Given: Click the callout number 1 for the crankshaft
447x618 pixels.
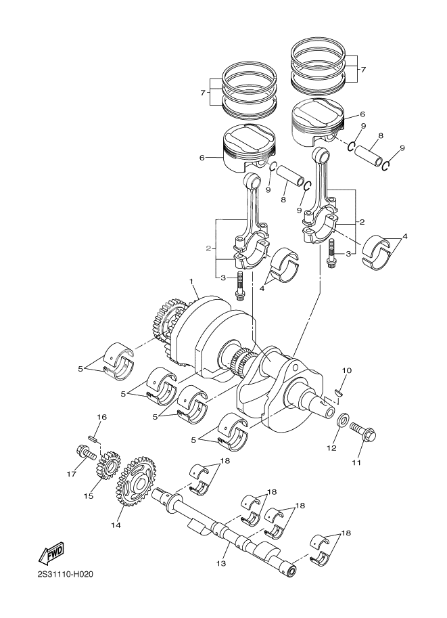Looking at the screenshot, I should pyautogui.click(x=191, y=281).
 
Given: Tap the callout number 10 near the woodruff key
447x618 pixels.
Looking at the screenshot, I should pyautogui.click(x=347, y=371).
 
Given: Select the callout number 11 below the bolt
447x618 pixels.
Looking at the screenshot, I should pyautogui.click(x=356, y=463).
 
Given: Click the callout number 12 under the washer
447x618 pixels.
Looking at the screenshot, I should pyautogui.click(x=331, y=447).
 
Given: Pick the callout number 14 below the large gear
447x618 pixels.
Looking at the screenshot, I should pyautogui.click(x=116, y=525).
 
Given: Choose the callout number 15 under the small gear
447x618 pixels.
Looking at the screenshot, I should pyautogui.click(x=88, y=495).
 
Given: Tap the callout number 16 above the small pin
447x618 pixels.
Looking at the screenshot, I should pyautogui.click(x=101, y=418).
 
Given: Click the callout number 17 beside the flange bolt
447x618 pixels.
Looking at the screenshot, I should pyautogui.click(x=69, y=474).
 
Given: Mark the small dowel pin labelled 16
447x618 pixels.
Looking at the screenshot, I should pyautogui.click(x=97, y=439).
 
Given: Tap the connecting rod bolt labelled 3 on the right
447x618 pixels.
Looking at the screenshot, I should pyautogui.click(x=331, y=253).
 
